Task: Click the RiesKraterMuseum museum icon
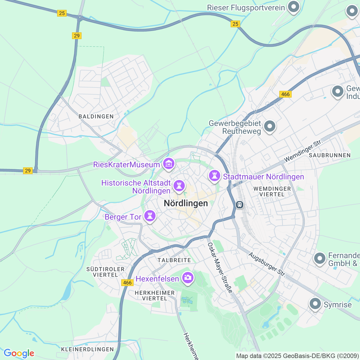[x=168, y=163]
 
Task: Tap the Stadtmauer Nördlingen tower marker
[x=215, y=176]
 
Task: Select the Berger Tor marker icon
[x=150, y=216]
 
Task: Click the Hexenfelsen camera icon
[x=188, y=278]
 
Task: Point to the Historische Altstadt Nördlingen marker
[x=179, y=186]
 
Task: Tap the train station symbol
[x=240, y=204]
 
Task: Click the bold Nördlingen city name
[x=186, y=203]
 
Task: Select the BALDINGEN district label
[x=96, y=116]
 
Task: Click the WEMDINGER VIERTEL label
[x=272, y=192]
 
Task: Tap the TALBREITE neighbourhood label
[x=174, y=260]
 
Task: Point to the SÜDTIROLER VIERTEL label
[x=105, y=272]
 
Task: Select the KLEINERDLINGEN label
[x=87, y=349]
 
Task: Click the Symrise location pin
[x=315, y=304]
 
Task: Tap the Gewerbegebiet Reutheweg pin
[x=269, y=126]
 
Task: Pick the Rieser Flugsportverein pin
[x=294, y=7]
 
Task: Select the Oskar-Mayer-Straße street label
[x=220, y=267]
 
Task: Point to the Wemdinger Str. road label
[x=303, y=151]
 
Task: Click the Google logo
[x=19, y=353]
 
